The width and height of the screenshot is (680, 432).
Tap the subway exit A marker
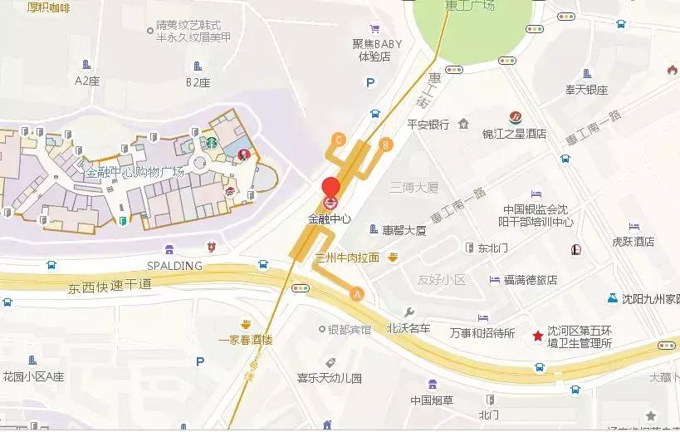click(358, 293)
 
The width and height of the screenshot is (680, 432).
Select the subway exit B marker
click(384, 145)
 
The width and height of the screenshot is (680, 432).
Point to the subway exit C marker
click(338, 140)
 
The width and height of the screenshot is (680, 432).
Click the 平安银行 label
click(428, 125)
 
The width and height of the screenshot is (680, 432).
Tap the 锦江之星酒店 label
click(514, 133)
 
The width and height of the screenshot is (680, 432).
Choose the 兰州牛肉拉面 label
click(346, 258)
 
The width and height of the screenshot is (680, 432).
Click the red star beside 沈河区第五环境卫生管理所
click(538, 335)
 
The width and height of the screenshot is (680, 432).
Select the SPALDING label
click(174, 266)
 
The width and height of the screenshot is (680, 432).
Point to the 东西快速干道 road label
click(110, 285)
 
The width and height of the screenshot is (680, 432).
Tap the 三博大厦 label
click(413, 188)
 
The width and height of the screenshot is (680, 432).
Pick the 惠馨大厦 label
click(404, 230)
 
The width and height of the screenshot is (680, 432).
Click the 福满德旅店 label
click(530, 280)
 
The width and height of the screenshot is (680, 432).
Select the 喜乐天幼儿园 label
click(330, 378)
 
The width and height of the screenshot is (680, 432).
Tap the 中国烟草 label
click(432, 400)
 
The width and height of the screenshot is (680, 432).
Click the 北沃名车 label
click(408, 329)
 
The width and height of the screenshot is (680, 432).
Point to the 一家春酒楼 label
click(245, 340)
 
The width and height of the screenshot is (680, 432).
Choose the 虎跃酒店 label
click(634, 242)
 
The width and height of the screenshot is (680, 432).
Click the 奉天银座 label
click(587, 90)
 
